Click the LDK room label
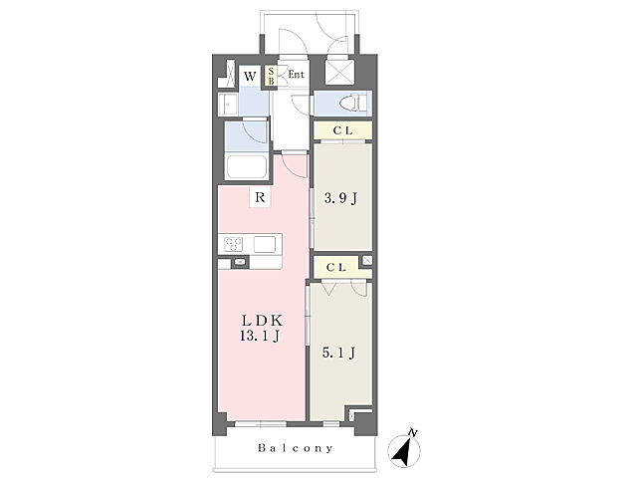262,321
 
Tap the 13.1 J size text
260,336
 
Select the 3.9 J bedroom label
340,198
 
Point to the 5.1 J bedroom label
338,353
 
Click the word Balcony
296,448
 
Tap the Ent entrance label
297,75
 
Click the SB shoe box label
271,76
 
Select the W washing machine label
250,76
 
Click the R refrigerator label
260,197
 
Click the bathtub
247,166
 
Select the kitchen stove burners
233,244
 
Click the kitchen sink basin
265,244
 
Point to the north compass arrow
403,451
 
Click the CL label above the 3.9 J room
342,130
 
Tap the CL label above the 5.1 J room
336,267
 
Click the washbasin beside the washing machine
228,105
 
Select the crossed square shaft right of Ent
339,73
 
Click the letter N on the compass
413,433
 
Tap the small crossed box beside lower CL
367,260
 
